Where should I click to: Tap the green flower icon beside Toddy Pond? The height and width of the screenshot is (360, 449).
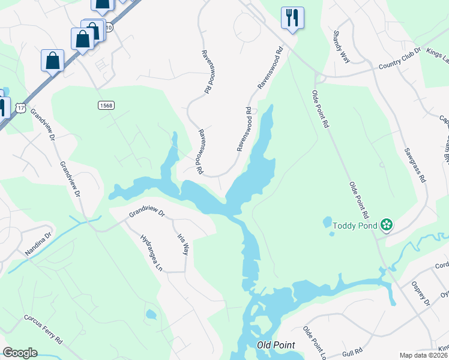click(387, 226)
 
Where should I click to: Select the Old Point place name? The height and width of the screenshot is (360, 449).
click(273, 345)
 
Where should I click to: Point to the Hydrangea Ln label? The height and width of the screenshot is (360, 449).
click(151, 253)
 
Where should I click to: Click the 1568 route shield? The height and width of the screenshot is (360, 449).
click(106, 105)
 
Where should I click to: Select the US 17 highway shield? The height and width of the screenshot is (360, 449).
click(22, 108)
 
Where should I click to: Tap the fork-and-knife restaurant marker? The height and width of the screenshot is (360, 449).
click(292, 18)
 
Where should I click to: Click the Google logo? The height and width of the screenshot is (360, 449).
click(20, 353)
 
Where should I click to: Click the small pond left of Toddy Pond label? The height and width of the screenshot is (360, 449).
click(327, 223)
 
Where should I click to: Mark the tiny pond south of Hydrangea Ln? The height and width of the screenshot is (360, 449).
click(151, 314)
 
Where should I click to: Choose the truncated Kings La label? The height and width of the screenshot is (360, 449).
click(437, 53)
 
